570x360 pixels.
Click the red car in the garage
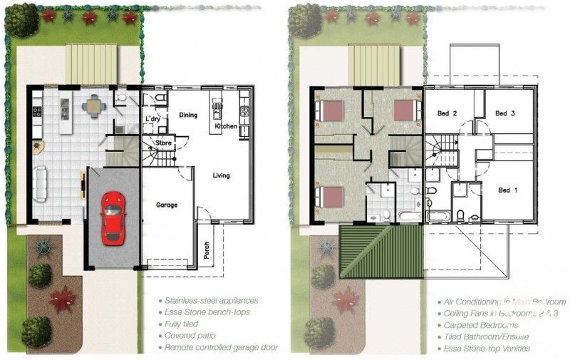(113, 217)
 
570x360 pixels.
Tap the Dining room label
(188, 115)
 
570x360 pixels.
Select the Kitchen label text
(227, 127)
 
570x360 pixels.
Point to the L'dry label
(153, 119)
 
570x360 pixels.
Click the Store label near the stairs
(164, 143)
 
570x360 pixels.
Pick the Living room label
(221, 175)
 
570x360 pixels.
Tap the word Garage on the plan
(167, 205)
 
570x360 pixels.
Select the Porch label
(207, 249)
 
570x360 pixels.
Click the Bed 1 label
(508, 190)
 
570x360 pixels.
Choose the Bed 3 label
(505, 113)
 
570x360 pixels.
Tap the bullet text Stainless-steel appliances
(212, 301)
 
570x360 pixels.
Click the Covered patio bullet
(189, 335)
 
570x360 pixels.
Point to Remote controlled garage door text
(221, 347)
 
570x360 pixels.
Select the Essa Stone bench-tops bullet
(207, 312)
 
